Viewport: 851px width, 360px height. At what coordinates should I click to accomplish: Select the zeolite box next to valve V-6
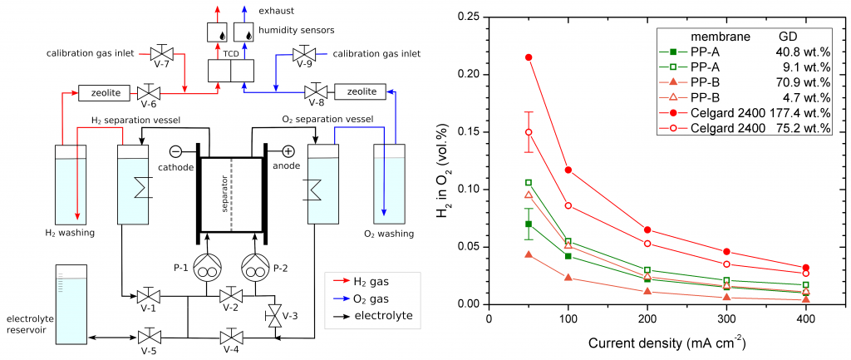coord(101,91)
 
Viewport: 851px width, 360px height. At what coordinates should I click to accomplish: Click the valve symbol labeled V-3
coord(276,316)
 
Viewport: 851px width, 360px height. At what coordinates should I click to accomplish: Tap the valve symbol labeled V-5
coord(150,338)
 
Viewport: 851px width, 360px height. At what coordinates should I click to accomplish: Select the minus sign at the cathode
coord(176,151)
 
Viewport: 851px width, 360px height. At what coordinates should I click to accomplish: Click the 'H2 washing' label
coord(69,233)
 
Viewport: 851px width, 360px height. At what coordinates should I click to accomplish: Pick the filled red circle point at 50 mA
coord(529,57)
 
